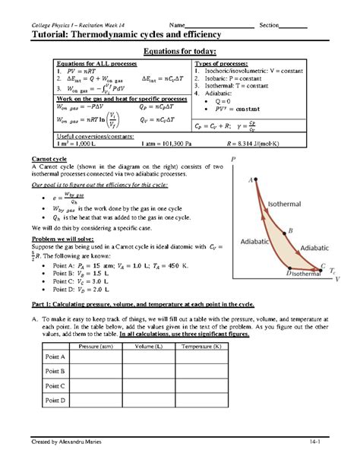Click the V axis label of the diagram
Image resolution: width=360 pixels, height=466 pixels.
click(x=337, y=280)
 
